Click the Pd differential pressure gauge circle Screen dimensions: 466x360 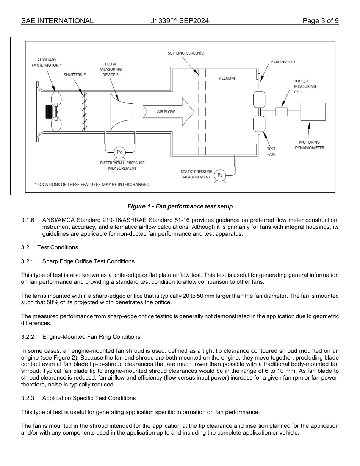coord(120,152)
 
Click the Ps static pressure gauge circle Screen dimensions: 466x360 coord(220,175)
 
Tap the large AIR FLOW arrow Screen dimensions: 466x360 coord(169,112)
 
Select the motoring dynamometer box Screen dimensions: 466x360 coord(313,111)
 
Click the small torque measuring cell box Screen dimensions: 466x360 coord(282,111)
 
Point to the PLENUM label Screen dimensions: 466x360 coord(227,78)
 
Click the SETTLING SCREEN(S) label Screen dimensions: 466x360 coord(186,53)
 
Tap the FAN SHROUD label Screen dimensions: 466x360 coord(283,62)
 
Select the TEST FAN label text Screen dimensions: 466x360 coord(271,152)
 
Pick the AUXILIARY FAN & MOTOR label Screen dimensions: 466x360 coord(47,63)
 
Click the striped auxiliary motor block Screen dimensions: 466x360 coord(49,112)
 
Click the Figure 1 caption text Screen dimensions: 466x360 coord(180,206)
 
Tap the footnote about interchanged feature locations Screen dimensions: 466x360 coord(92,185)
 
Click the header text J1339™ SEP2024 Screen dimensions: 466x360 coord(180,21)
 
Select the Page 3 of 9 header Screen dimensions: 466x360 coord(320,21)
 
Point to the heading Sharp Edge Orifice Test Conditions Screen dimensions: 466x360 coord(88,261)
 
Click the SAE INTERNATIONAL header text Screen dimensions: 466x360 coord(57,21)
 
